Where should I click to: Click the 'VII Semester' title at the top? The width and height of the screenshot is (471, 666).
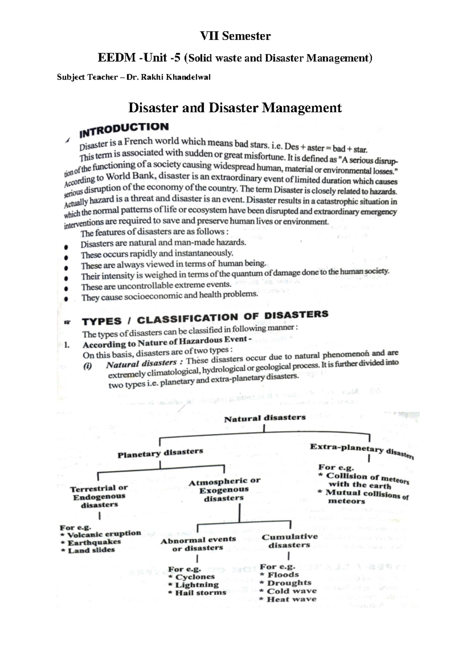coord(235,36)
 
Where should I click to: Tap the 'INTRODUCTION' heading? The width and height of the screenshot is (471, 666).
coord(124,130)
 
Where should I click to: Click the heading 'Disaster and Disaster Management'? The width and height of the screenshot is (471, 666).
coord(235,108)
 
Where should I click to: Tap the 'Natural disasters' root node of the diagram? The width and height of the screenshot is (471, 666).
coord(265,418)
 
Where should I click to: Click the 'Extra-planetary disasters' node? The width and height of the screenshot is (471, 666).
coord(361,450)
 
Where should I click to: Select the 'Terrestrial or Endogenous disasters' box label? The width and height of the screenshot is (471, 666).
coord(99,496)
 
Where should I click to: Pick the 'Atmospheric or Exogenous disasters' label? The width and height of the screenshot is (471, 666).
coord(224,489)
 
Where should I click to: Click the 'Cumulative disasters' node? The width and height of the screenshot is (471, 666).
coord(290,541)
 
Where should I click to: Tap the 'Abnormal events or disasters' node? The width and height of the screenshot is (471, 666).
coord(198,544)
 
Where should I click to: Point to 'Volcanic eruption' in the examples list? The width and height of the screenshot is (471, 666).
coord(104,534)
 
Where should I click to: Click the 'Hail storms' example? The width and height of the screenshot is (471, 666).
coord(200,593)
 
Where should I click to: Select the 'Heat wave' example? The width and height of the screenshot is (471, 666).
coord(291,599)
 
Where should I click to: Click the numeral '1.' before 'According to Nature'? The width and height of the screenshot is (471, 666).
coord(67,345)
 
